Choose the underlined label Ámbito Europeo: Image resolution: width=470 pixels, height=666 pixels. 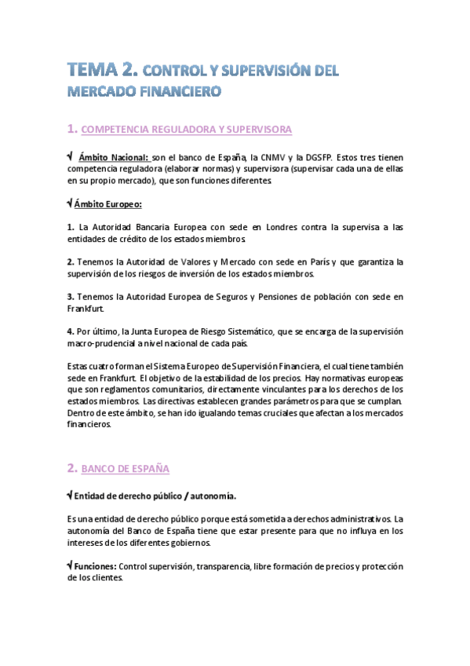tap(107, 204)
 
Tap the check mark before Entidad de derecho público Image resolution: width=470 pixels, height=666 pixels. tap(69, 496)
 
